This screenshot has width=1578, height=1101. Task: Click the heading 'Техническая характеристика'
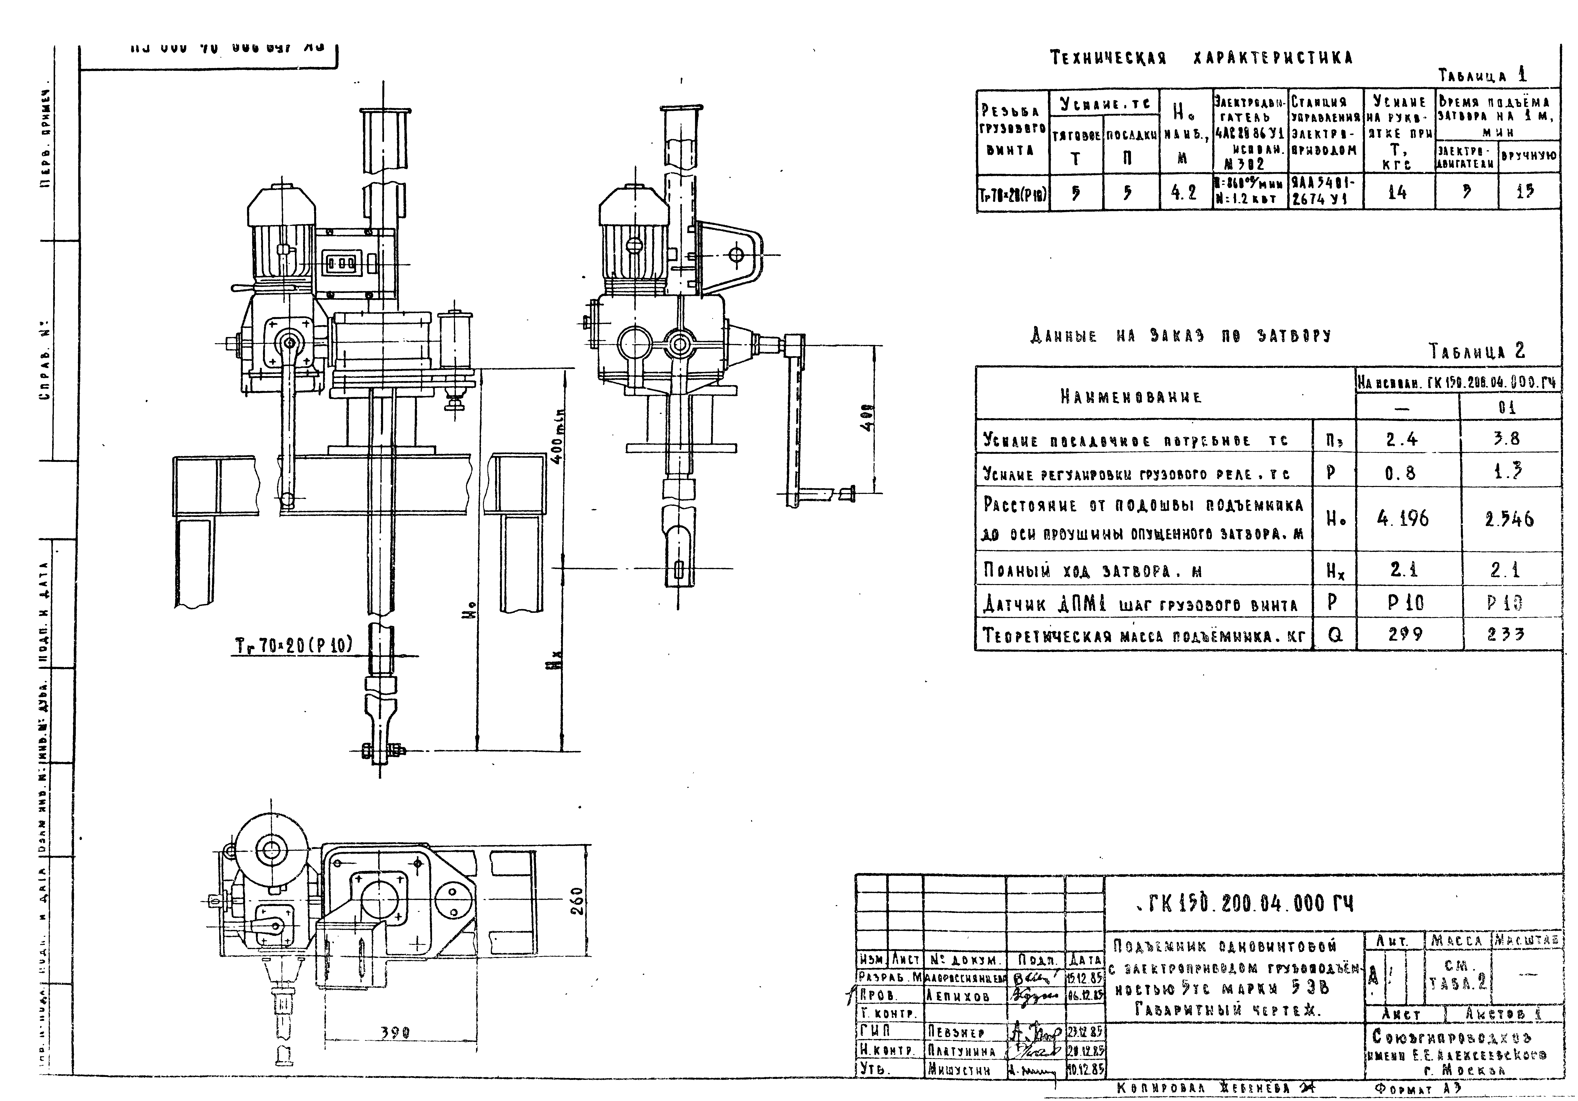pos(1201,58)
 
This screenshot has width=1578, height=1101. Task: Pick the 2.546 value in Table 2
pos(1509,519)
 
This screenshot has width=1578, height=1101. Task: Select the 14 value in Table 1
pos(1397,192)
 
